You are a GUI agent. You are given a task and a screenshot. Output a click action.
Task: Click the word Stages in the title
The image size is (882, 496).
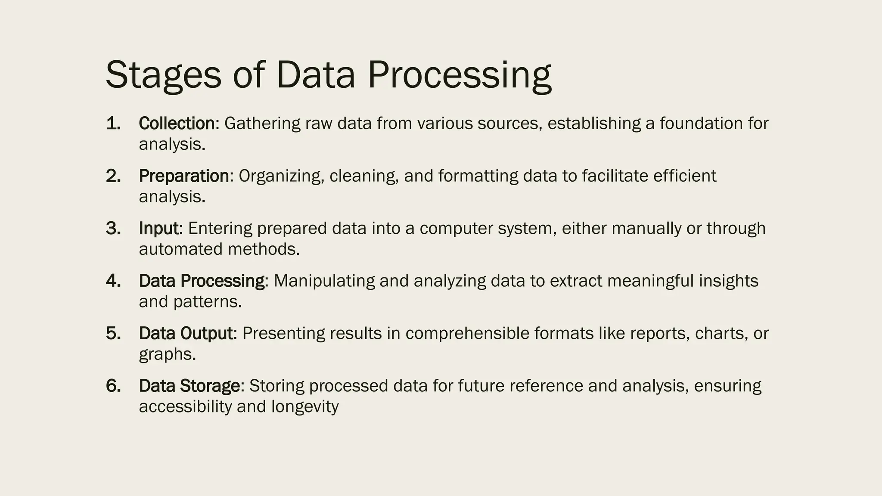[163, 75]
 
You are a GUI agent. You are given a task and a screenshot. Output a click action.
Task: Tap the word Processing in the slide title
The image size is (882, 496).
[459, 75]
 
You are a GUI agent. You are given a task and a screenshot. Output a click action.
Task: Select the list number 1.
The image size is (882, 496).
[113, 124]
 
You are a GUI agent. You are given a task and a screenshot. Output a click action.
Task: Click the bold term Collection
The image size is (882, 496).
[177, 124]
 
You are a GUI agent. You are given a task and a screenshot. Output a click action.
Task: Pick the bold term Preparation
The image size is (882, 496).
[184, 177]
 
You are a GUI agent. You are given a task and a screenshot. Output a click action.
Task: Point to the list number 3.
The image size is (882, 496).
[113, 229]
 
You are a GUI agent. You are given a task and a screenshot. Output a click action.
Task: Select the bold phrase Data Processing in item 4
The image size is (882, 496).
[202, 281]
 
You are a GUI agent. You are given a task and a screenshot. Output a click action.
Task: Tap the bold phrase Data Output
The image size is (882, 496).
[186, 334]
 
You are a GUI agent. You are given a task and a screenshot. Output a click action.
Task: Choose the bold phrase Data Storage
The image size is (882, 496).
[189, 386]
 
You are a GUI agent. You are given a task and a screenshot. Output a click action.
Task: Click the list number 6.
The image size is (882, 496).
[113, 386]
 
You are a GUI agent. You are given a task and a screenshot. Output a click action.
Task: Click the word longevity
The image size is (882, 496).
[305, 407]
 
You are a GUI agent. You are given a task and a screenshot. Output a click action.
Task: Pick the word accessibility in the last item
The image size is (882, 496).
[185, 407]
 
